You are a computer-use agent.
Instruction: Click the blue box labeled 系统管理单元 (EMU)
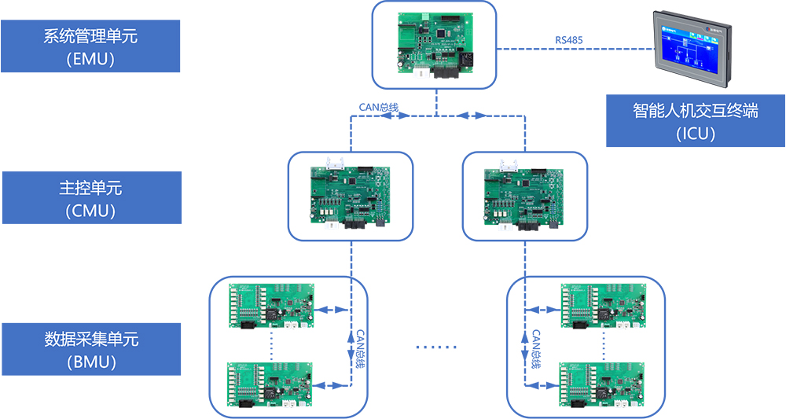[x=90, y=46]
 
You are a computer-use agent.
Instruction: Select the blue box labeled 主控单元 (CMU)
[x=91, y=198]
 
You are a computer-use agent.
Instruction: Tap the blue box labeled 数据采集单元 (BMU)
[x=91, y=349]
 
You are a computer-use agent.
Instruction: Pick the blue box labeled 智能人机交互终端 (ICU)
[x=695, y=120]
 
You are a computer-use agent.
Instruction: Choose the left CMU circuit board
[x=350, y=197]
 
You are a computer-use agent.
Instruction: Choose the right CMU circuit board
[x=524, y=197]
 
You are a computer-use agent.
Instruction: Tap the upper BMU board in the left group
[x=271, y=306]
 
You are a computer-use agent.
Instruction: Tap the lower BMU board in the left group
[x=271, y=384]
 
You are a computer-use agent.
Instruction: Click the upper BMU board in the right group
[x=603, y=306]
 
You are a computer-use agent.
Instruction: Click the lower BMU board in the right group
[x=603, y=384]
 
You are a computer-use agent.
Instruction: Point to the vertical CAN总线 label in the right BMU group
[x=535, y=347]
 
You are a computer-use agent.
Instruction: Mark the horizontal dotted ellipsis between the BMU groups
[x=435, y=347]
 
